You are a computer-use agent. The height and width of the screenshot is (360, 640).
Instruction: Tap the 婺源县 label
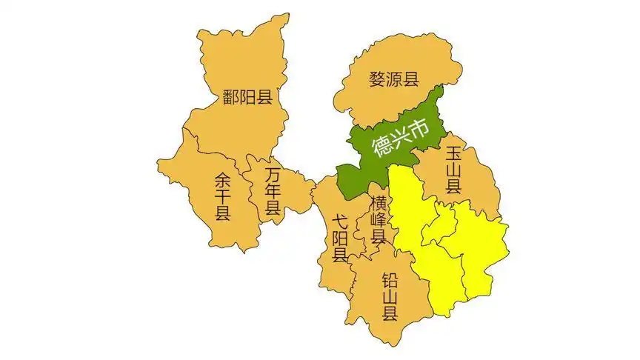(394, 79)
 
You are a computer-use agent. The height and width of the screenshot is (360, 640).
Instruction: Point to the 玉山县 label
(453, 170)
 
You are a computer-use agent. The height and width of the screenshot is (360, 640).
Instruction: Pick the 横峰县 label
(379, 220)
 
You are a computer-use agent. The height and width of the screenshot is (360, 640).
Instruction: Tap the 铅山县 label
(390, 296)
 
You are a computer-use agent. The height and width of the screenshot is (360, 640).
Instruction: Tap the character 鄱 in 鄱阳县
(231, 96)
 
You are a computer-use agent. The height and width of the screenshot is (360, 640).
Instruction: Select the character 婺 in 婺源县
(378, 79)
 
